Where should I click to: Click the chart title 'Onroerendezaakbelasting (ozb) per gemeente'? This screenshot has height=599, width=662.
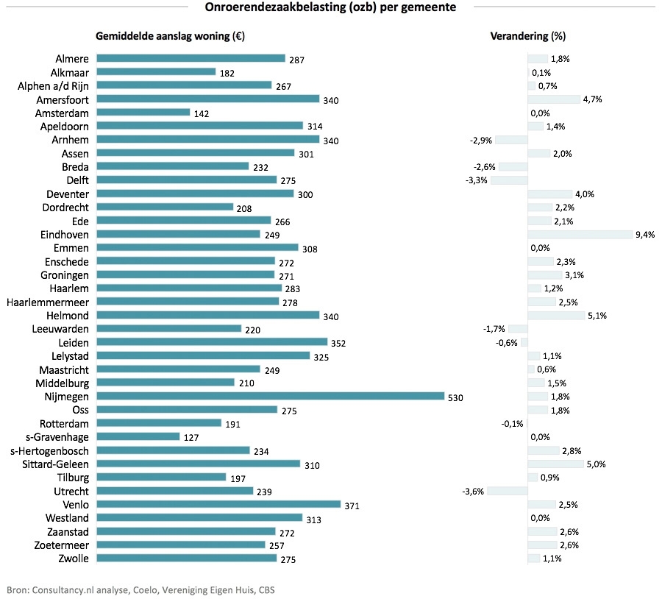click(x=330, y=8)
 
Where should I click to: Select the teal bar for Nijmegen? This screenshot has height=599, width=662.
click(x=270, y=397)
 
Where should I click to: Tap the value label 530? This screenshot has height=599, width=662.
click(x=456, y=397)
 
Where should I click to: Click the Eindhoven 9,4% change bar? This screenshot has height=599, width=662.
click(x=580, y=234)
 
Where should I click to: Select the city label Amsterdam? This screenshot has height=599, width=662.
click(x=62, y=113)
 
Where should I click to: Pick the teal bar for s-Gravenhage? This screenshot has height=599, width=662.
click(x=138, y=437)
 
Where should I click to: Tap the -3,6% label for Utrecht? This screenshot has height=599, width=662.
click(x=473, y=492)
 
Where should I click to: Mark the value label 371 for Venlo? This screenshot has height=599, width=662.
click(x=352, y=506)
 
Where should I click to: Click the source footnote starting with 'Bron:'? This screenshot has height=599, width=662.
click(x=140, y=589)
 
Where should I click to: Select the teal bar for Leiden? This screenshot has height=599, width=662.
click(x=212, y=342)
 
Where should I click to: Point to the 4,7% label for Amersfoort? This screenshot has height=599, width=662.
click(x=592, y=99)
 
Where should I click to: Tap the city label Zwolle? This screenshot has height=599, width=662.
click(x=72, y=559)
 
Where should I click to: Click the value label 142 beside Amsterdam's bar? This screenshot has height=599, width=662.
click(x=202, y=114)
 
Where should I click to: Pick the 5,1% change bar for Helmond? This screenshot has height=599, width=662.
click(x=556, y=316)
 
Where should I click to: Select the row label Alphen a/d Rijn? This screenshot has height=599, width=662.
click(x=53, y=86)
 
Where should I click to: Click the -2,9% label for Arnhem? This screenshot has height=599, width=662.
click(x=481, y=140)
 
